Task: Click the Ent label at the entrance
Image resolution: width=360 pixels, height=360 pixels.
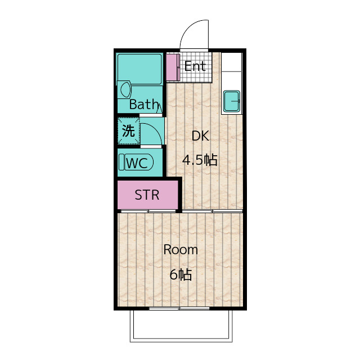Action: [x=195, y=66]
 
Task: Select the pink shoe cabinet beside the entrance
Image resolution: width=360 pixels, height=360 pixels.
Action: [x=173, y=67]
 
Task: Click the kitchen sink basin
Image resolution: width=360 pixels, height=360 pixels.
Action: [x=232, y=101]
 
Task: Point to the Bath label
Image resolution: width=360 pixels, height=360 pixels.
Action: [x=144, y=104]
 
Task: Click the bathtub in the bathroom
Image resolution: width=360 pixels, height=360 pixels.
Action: [x=140, y=69]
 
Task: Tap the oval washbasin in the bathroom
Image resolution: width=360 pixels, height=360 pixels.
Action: [x=125, y=89]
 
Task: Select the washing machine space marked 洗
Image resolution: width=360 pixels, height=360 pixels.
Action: [x=129, y=131]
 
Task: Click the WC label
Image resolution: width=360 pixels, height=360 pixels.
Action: [x=137, y=163]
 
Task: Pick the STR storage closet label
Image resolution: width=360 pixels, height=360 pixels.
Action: [x=147, y=195]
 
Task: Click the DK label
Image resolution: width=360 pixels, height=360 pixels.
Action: [x=200, y=136]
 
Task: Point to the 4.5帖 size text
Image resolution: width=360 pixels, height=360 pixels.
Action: [x=200, y=160]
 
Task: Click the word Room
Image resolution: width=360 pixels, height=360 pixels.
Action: [x=181, y=250]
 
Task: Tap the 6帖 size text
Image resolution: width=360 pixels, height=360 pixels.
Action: [x=181, y=274]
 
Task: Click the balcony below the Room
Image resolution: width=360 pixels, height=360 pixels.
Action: [x=181, y=326]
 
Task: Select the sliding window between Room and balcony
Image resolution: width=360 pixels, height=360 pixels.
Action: [x=179, y=308]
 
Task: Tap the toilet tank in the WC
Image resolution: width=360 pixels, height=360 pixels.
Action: [x=121, y=162]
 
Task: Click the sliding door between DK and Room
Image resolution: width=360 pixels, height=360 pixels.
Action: [x=213, y=211]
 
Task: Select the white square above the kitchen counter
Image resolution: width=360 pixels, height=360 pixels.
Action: [x=232, y=62]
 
